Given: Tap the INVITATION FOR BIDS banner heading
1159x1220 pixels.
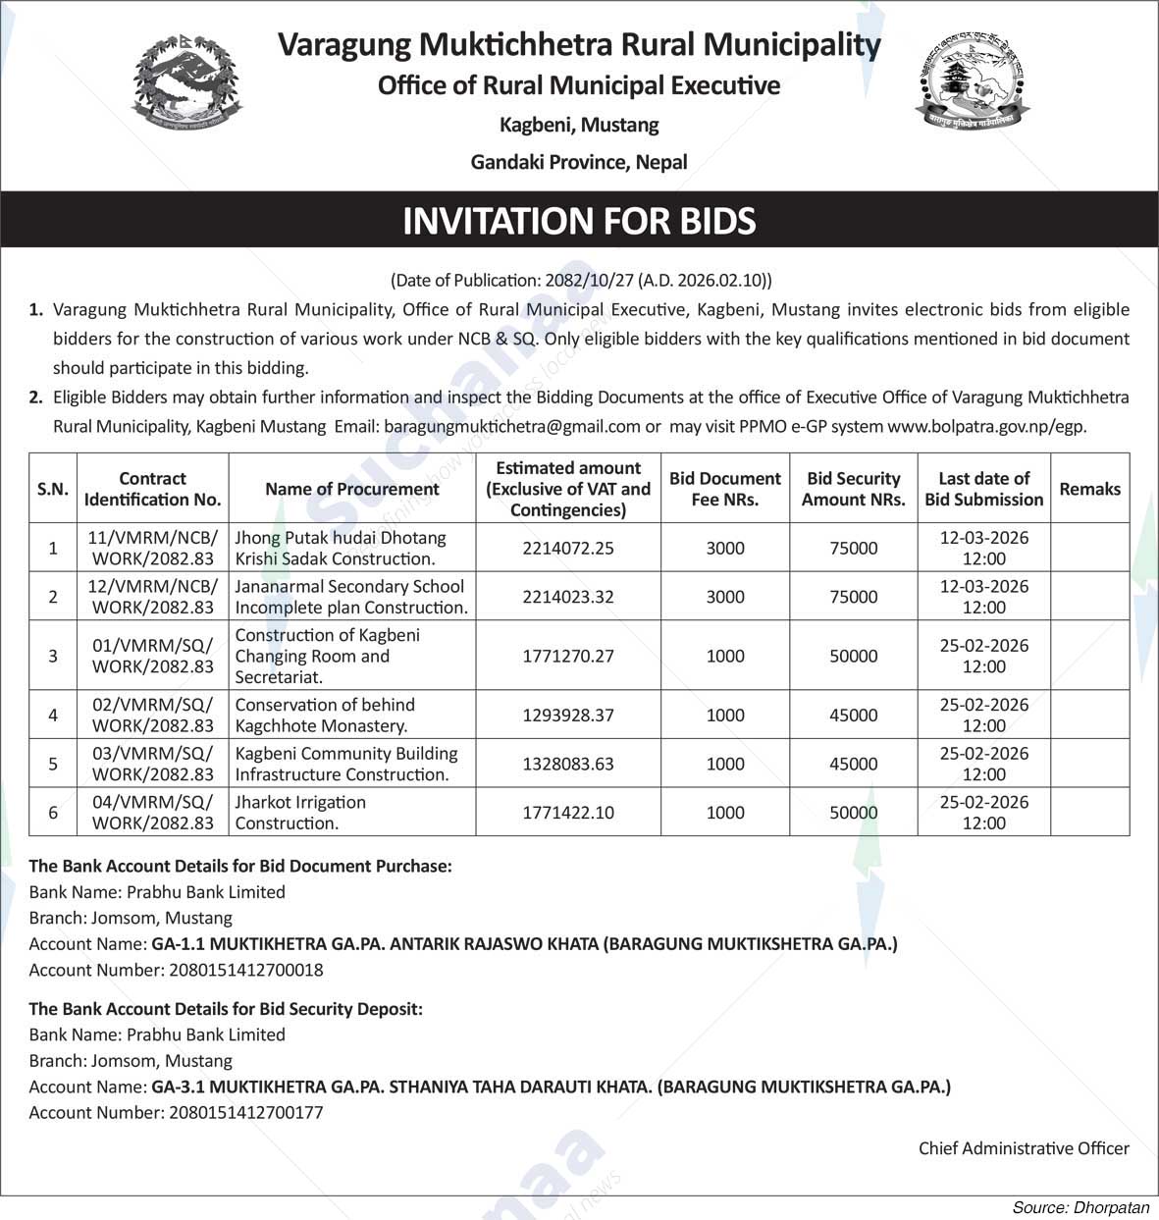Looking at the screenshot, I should pyautogui.click(x=579, y=221).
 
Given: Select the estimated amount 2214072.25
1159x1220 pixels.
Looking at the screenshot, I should pyautogui.click(x=568, y=548).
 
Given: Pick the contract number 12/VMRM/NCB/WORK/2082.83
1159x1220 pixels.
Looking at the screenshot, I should pyautogui.click(x=152, y=597).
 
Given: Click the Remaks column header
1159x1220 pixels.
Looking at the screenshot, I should pyautogui.click(x=1089, y=489).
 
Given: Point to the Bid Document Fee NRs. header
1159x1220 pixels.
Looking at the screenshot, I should pyautogui.click(x=725, y=489).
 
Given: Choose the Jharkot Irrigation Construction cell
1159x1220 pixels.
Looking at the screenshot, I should pyautogui.click(x=300, y=813).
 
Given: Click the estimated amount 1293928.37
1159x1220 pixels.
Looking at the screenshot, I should pyautogui.click(x=568, y=716).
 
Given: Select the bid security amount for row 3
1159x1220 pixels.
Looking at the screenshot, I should pyautogui.click(x=853, y=656).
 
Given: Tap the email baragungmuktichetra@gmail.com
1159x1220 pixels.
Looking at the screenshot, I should pyautogui.click(x=512, y=427).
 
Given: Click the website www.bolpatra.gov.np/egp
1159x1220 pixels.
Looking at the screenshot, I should pyautogui.click(x=986, y=427).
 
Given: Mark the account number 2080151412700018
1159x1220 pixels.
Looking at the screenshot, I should pyautogui.click(x=246, y=970).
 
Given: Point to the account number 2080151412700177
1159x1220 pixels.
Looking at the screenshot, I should pyautogui.click(x=246, y=1112).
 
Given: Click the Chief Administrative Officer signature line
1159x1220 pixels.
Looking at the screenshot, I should pyautogui.click(x=1024, y=1147).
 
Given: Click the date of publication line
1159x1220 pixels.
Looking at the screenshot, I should pyautogui.click(x=581, y=280).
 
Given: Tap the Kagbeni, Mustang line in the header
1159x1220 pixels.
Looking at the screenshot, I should pyautogui.click(x=579, y=125).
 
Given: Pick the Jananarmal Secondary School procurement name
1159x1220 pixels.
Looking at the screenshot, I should pyautogui.click(x=351, y=597).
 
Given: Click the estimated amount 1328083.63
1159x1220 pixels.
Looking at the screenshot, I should pyautogui.click(x=568, y=764).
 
